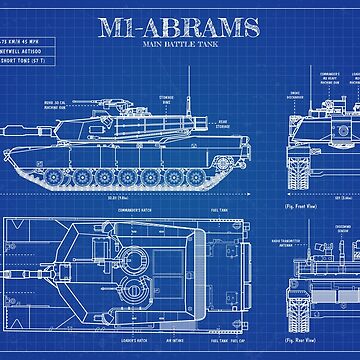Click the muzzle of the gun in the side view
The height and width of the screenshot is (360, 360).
8,129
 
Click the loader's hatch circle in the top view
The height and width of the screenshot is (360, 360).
129,289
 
